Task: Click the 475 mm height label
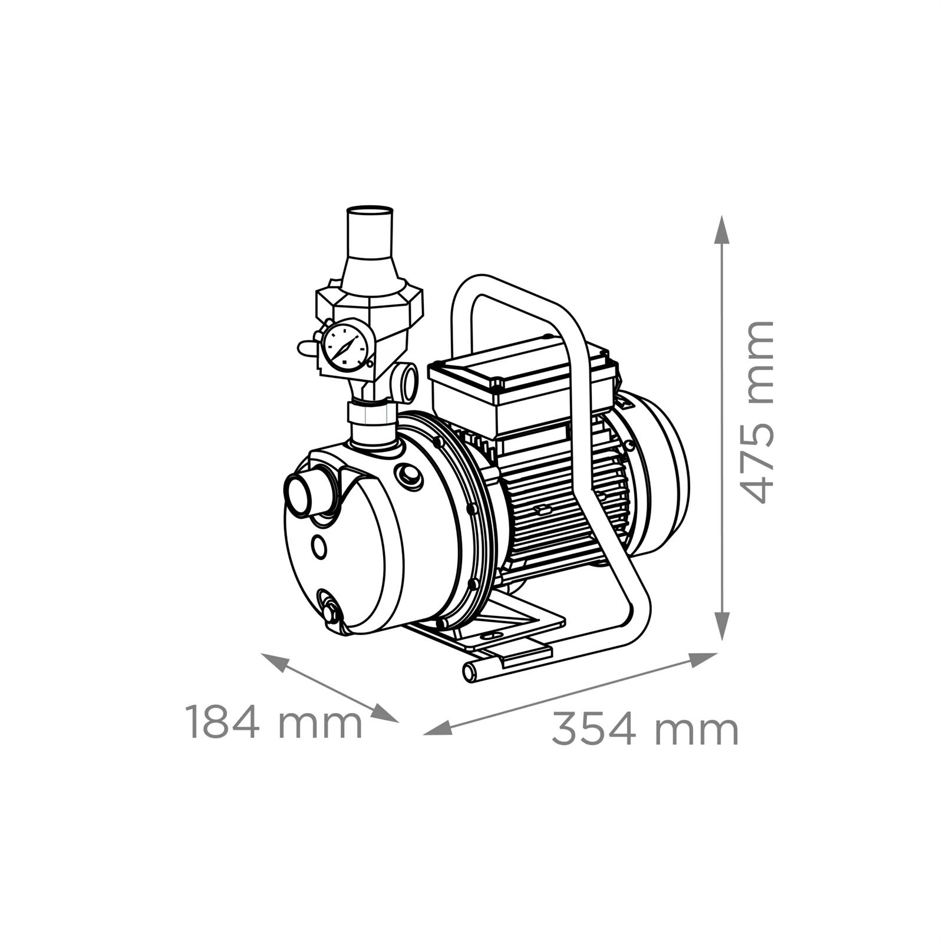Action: click(755, 412)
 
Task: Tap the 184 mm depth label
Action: click(273, 722)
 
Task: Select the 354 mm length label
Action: click(645, 730)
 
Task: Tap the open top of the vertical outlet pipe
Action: click(370, 212)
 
